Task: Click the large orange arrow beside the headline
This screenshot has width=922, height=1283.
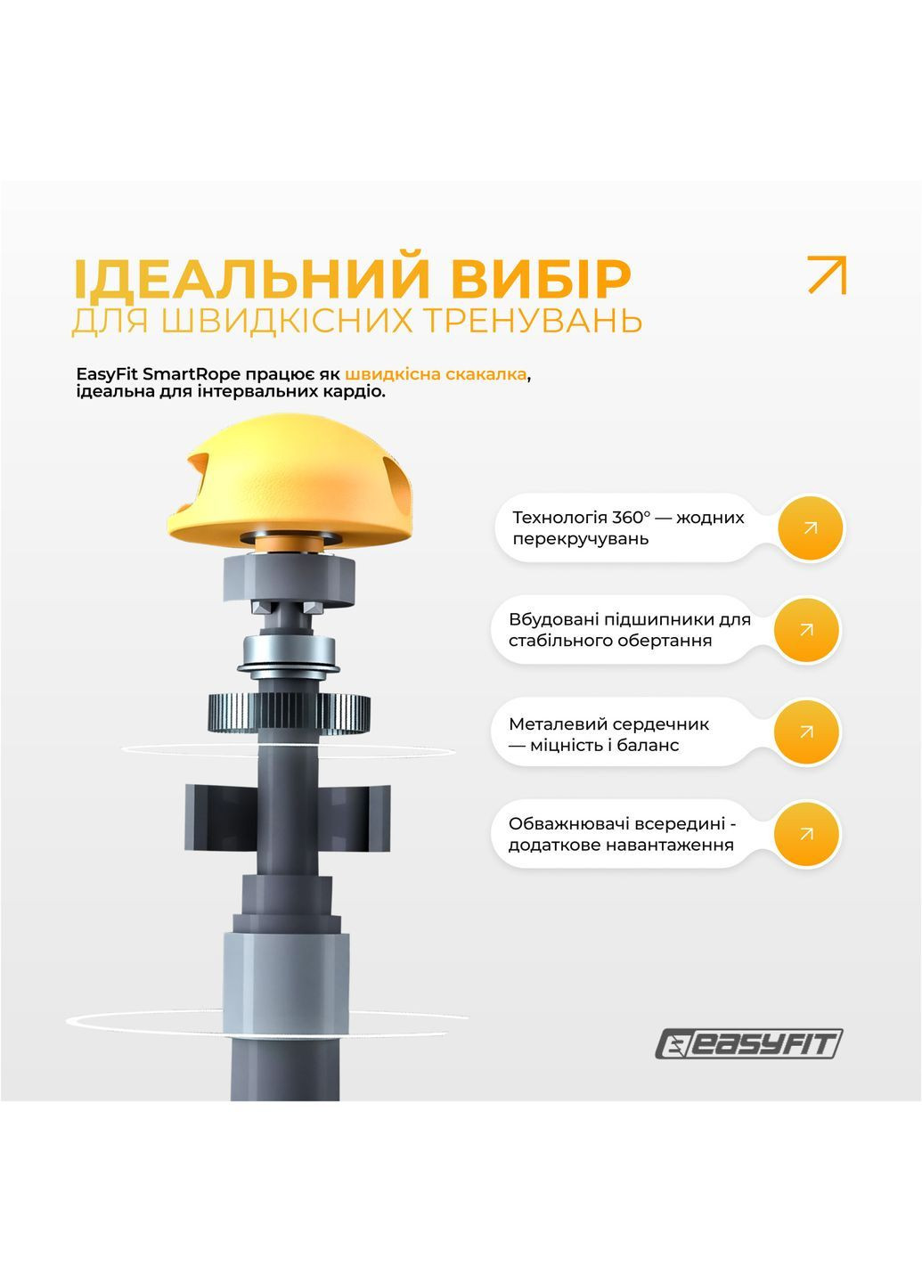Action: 827,274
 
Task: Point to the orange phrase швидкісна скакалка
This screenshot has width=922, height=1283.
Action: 436,374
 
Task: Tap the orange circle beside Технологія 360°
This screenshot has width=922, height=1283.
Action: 810,528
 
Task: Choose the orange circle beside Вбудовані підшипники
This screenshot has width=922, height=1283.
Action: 806,630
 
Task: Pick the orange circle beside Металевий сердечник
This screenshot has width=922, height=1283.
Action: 806,732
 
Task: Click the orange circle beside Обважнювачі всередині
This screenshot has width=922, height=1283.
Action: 806,835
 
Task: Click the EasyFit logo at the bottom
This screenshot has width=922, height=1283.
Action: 749,1044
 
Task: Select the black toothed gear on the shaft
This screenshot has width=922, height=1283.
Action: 290,713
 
